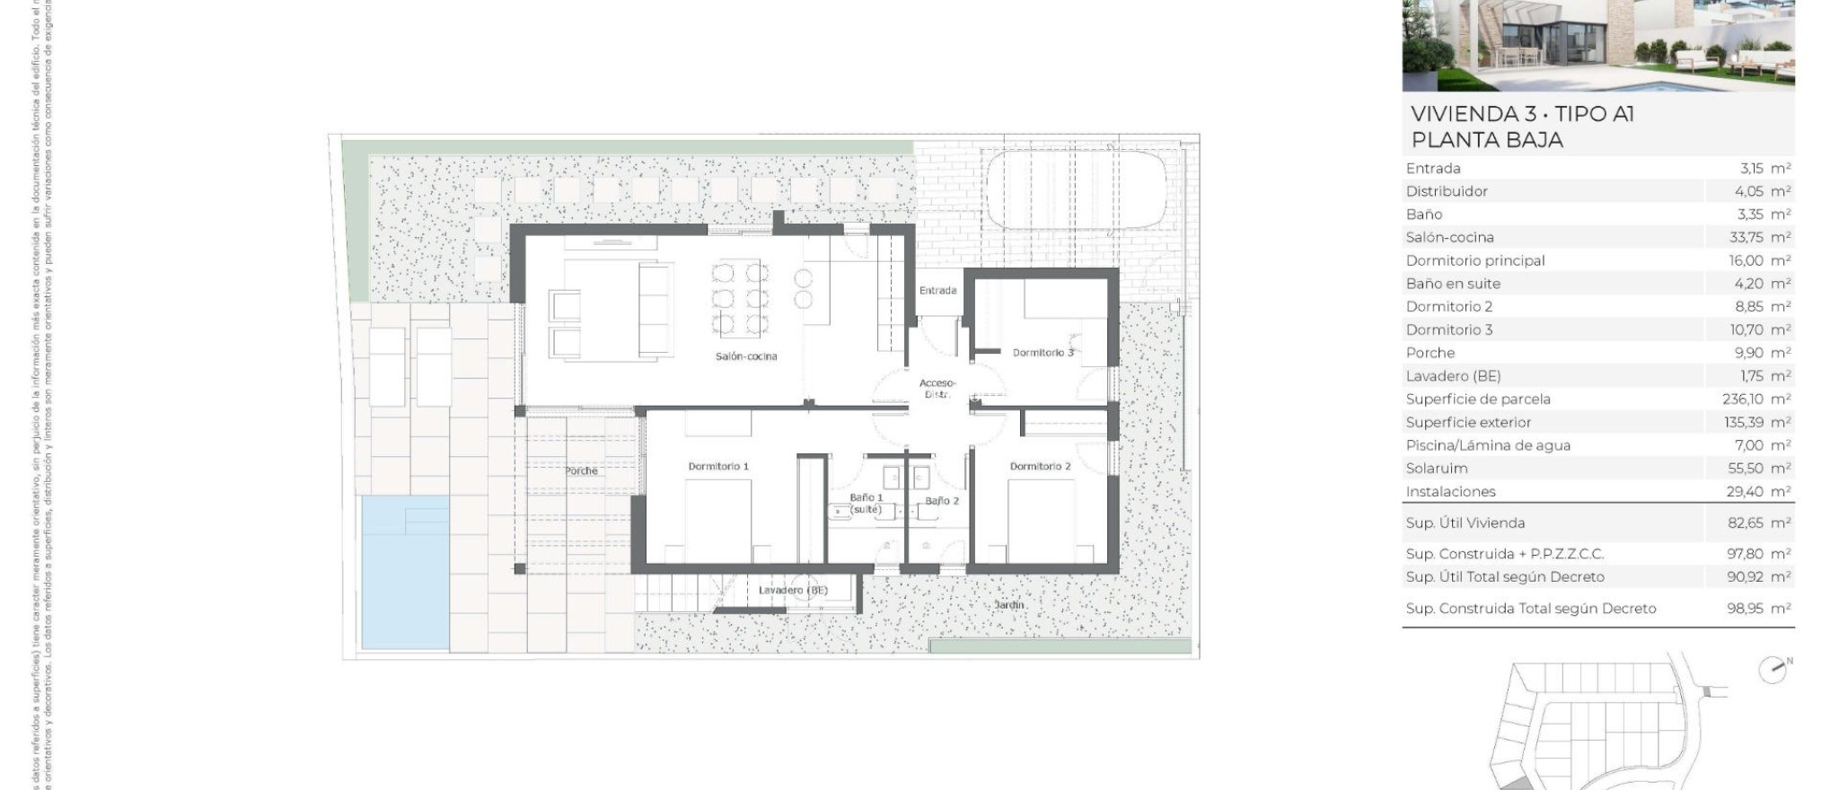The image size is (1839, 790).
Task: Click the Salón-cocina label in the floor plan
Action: click(746, 356)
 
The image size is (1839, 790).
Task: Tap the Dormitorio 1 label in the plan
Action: click(718, 466)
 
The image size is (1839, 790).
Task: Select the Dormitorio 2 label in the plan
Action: click(1040, 466)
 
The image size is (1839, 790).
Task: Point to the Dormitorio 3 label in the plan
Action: click(1043, 353)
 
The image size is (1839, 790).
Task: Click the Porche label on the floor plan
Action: click(581, 470)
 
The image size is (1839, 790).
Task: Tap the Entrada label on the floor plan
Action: click(937, 291)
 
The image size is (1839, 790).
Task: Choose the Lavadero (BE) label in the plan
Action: click(793, 591)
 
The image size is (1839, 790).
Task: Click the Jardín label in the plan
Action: click(1009, 605)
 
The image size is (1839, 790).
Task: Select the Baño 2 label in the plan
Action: click(942, 501)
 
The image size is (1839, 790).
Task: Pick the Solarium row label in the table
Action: click(1437, 469)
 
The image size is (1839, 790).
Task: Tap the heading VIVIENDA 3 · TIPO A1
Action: click(1522, 114)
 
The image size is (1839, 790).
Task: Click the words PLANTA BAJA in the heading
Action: click(1487, 140)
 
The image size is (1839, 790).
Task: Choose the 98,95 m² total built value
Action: click(1758, 609)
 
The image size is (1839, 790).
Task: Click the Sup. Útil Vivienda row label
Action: click(1465, 523)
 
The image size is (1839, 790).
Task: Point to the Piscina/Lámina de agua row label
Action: click(1488, 445)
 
